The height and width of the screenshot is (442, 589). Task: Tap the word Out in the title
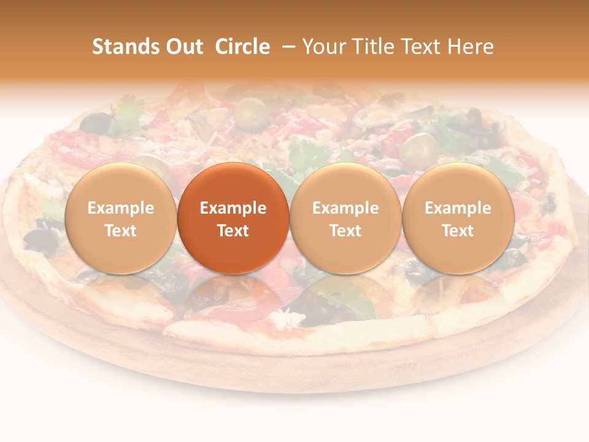pyautogui.click(x=184, y=47)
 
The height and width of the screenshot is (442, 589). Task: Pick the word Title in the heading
pyautogui.click(x=374, y=47)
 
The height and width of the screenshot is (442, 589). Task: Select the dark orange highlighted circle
pyautogui.click(x=233, y=218)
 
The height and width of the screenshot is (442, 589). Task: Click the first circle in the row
pyautogui.click(x=120, y=218)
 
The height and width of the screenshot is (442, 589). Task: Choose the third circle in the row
pyautogui.click(x=345, y=218)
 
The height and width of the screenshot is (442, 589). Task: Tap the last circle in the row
pyautogui.click(x=458, y=218)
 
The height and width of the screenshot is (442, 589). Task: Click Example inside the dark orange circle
pyautogui.click(x=233, y=208)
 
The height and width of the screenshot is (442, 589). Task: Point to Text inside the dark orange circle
pyautogui.click(x=233, y=231)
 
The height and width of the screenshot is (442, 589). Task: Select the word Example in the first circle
pyautogui.click(x=120, y=208)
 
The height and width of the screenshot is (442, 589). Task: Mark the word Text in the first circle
pyautogui.click(x=120, y=231)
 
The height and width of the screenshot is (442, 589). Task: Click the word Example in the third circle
pyautogui.click(x=345, y=208)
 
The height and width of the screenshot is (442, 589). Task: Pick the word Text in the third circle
pyautogui.click(x=345, y=231)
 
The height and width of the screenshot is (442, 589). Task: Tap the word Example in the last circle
pyautogui.click(x=458, y=208)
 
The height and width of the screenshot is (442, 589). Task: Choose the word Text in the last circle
pyautogui.click(x=458, y=231)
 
